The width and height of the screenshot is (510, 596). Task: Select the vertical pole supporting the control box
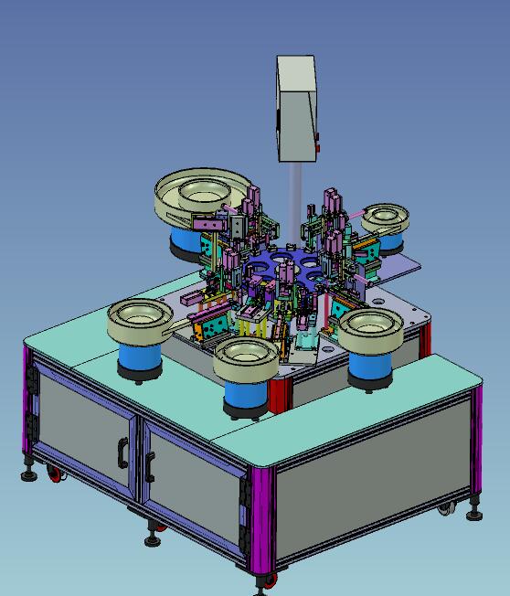(295, 197)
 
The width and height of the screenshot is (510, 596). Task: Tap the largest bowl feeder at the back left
(201, 195)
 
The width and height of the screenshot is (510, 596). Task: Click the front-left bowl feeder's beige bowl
(140, 320)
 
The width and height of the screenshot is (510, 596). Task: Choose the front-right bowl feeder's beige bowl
(371, 327)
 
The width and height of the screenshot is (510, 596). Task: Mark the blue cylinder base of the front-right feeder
(371, 365)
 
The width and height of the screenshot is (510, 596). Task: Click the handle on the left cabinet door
(122, 451)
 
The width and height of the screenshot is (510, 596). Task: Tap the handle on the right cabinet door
(149, 465)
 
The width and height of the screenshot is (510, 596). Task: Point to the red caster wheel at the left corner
(56, 474)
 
